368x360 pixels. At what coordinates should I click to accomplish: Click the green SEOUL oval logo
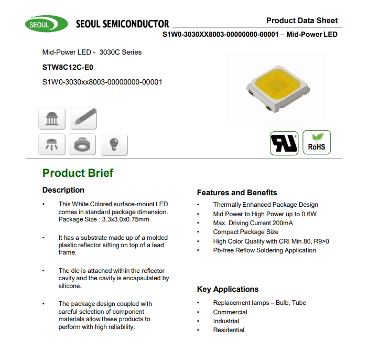coord(46,24)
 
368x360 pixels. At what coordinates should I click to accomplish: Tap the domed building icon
coord(52,118)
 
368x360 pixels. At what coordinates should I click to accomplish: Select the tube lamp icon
coord(83,118)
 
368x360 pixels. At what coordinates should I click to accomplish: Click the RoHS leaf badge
coord(317,142)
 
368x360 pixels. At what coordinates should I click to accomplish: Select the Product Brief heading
coord(78,173)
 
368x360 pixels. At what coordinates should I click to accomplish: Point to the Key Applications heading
coord(228,289)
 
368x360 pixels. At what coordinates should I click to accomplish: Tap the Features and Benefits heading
coord(237,193)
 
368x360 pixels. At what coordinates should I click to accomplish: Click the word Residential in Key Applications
coord(229,330)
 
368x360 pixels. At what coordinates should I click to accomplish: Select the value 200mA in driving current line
coord(282,223)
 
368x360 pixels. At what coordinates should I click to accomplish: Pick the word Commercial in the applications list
coord(230,312)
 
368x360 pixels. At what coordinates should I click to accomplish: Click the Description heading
coord(63,190)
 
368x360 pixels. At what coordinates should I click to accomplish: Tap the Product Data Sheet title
coord(302,20)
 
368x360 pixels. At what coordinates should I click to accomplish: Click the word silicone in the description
coord(70,286)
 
